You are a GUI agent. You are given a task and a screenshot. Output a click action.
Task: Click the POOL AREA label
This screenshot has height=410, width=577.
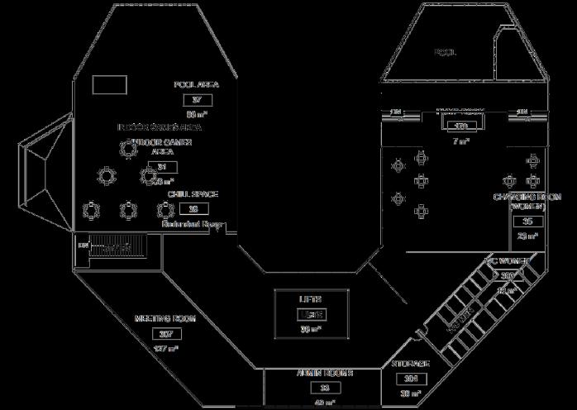click(x=196, y=85)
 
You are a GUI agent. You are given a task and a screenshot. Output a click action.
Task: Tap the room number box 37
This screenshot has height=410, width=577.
click(x=197, y=100)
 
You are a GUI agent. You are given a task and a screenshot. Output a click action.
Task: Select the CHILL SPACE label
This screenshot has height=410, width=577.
click(x=193, y=195)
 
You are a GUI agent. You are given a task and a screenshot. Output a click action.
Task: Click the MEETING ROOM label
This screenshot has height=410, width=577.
click(x=165, y=319)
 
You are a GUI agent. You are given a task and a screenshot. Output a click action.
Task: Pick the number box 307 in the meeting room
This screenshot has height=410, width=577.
click(x=165, y=334)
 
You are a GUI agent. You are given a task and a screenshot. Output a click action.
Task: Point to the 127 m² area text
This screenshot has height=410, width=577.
click(x=165, y=349)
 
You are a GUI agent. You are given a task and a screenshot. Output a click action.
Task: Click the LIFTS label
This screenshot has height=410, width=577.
click(x=310, y=299)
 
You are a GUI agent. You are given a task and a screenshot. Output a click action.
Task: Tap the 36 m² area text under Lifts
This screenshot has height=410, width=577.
click(x=310, y=329)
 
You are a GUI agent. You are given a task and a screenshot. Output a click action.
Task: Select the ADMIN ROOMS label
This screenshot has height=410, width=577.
click(x=325, y=374)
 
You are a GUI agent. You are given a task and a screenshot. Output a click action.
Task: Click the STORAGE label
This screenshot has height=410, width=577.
click(x=410, y=365)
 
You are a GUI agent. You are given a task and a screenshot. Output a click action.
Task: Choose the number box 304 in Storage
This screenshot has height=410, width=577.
click(x=411, y=379)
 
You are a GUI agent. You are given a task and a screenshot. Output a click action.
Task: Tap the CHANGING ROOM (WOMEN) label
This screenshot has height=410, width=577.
click(x=527, y=202)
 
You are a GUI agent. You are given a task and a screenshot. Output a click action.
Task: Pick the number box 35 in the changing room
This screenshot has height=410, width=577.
click(x=527, y=222)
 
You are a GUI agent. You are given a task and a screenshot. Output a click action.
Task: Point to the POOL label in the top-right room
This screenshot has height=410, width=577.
click(x=446, y=53)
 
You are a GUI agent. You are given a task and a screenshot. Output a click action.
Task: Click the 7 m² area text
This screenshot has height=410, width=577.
click(x=460, y=141)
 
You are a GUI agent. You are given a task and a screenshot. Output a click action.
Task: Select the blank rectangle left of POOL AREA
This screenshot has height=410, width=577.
click(x=108, y=84)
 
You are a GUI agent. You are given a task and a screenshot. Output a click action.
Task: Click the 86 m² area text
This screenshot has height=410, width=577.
click(x=195, y=114)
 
